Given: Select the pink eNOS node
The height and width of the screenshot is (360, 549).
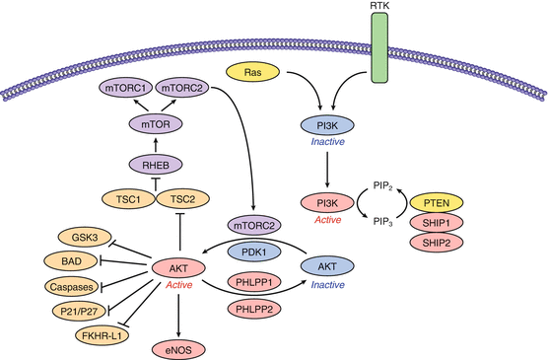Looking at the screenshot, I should click(179, 348).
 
